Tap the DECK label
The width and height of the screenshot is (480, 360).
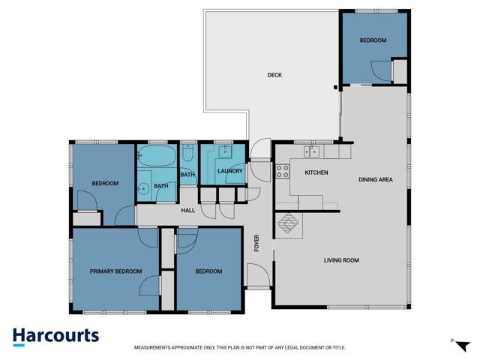coord(274,75)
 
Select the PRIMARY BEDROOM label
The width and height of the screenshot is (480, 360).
coord(115,271)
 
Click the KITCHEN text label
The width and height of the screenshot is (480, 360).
coord(316,173)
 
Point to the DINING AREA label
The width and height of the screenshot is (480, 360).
coord(376,179)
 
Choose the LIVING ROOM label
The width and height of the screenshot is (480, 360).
coord(341,260)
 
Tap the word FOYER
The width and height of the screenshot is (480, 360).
coord(257,244)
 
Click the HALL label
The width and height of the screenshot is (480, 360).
coord(187,211)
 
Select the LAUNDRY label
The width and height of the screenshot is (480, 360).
coord(229,171)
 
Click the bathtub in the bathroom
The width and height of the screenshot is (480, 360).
coord(157,158)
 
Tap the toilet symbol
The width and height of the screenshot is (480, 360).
coord(188,154)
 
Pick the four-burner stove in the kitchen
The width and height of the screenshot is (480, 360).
coord(283,170)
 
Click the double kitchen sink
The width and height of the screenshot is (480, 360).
coord(312,151)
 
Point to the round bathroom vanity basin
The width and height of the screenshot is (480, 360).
coord(142,187)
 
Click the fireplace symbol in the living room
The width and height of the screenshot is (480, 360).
coord(288,223)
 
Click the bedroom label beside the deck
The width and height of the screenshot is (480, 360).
coord(373,40)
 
